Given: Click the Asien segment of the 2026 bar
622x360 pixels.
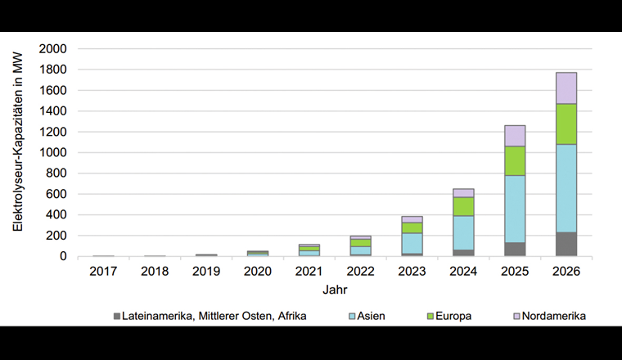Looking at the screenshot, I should (x=561, y=188).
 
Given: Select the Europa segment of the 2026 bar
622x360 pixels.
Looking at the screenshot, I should (x=561, y=124).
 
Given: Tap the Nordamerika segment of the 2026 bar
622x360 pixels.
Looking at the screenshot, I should (x=561, y=88).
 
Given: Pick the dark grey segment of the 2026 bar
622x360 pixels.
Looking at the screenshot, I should (x=561, y=244).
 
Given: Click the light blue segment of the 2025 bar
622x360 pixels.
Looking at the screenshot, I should (x=515, y=209).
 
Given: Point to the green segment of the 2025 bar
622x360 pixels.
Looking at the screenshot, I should (x=515, y=160).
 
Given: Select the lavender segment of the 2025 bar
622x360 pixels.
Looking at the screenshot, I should (x=515, y=136).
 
